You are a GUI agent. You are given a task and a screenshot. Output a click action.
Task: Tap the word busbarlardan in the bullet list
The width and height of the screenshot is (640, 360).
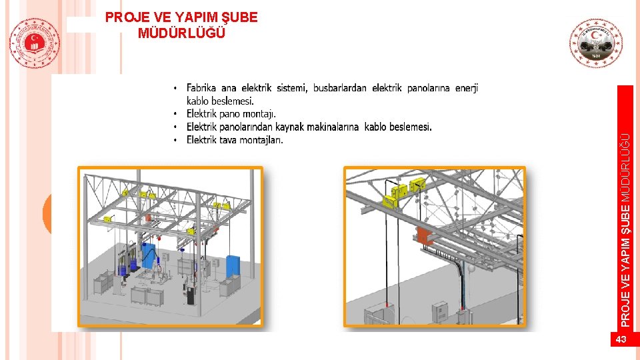coord(339,88)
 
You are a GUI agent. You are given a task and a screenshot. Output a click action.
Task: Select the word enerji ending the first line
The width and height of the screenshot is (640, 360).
coord(467,88)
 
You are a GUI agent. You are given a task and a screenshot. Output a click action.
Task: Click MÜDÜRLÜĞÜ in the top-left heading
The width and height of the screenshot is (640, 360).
coord(181,32)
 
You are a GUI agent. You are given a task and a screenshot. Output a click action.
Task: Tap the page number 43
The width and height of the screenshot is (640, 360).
coord(621,340)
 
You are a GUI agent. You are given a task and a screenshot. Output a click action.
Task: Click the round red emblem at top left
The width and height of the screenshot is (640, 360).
coord(35,43)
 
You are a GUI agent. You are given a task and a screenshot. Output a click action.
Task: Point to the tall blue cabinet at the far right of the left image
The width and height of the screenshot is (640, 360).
coord(233,266)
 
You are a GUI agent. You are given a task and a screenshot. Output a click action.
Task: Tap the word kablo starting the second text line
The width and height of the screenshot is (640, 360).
coord(197,101)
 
